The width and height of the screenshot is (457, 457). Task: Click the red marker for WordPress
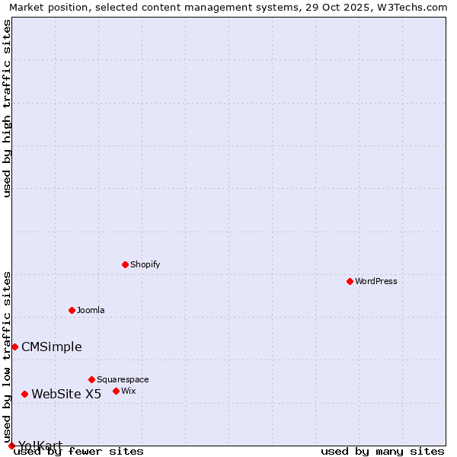pyautogui.click(x=350, y=281)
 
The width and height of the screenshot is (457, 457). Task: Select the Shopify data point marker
pyautogui.click(x=125, y=264)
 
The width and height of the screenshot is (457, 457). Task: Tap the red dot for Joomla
pyautogui.click(x=72, y=310)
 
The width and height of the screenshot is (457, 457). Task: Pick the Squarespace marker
pyautogui.click(x=91, y=379)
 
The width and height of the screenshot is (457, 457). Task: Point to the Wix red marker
pyautogui.click(x=116, y=391)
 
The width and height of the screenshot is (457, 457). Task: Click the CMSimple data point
pyautogui.click(x=14, y=347)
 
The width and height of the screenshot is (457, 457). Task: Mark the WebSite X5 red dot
pyautogui.click(x=24, y=394)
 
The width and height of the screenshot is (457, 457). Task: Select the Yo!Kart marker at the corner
pyautogui.click(x=11, y=446)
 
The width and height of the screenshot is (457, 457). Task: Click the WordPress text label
pyautogui.click(x=376, y=281)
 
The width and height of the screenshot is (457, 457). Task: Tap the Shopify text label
pyautogui.click(x=145, y=264)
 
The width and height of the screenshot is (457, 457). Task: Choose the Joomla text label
pyautogui.click(x=91, y=310)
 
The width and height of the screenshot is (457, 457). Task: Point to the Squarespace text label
pyautogui.click(x=123, y=379)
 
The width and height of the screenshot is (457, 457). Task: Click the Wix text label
pyautogui.click(x=128, y=391)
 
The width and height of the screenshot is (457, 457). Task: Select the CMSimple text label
pyautogui.click(x=51, y=347)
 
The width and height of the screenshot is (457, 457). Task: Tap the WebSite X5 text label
pyautogui.click(x=66, y=394)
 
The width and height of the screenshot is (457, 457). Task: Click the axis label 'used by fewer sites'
pyautogui.click(x=78, y=452)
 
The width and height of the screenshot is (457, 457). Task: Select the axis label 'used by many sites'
pyautogui.click(x=382, y=452)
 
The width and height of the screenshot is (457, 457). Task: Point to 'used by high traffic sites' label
pyautogui.click(x=7, y=108)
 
